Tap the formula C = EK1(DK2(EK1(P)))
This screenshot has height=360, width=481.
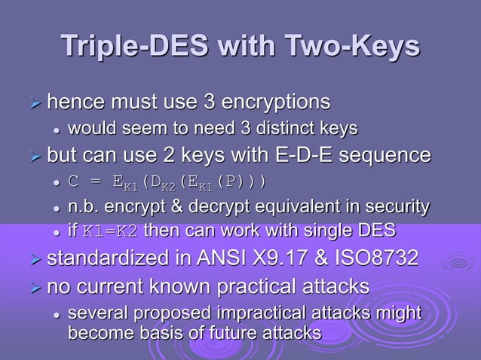tap(167, 183)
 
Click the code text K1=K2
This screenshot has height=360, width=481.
tap(110, 230)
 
